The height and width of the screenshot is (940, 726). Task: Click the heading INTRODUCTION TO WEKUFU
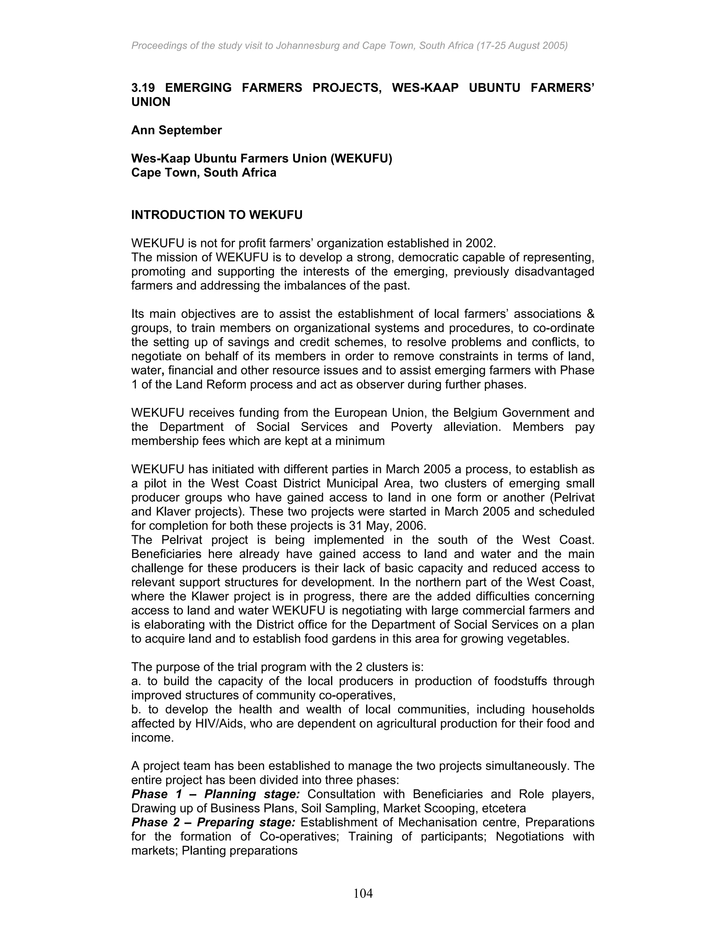click(217, 215)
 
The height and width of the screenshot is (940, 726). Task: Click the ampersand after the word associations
click(590, 314)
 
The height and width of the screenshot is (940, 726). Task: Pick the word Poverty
click(412, 427)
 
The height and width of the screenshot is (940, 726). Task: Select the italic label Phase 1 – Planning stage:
click(216, 794)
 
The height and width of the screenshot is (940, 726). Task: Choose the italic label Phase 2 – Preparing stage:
click(213, 823)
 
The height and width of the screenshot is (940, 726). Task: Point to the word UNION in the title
click(151, 102)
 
